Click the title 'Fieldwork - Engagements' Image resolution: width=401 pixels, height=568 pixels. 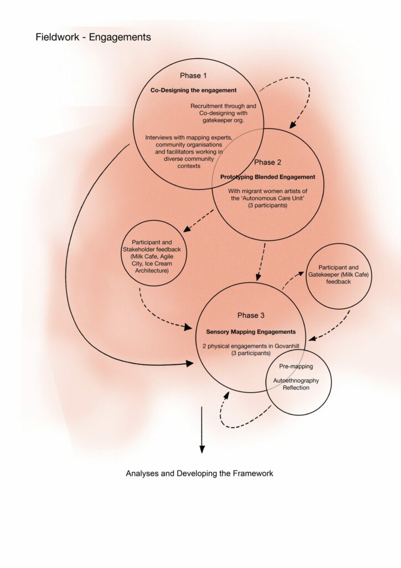pos(93,37)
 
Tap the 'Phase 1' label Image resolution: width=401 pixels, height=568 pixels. pos(193,75)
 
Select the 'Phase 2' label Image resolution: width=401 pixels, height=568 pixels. pos(268,163)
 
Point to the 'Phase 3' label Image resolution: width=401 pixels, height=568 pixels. pos(251,315)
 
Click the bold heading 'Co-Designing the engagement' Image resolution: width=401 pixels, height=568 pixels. pos(193,90)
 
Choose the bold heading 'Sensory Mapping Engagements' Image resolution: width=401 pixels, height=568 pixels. pos(251,332)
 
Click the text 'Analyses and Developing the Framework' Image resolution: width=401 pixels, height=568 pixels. pos(199,474)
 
